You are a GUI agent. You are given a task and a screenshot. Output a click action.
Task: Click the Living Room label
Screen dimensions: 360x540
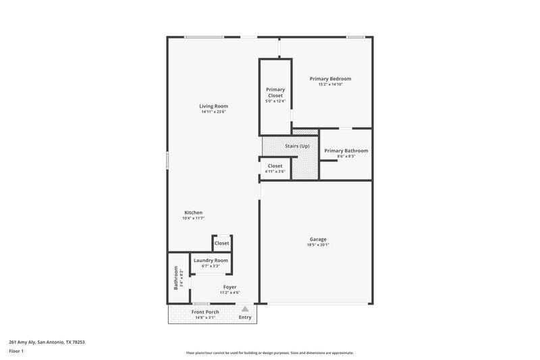[x=213, y=106]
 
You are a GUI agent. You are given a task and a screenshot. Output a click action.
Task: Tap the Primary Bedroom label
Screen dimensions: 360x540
[x=330, y=78]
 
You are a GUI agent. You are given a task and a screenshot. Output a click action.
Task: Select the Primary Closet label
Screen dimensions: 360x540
[x=275, y=93]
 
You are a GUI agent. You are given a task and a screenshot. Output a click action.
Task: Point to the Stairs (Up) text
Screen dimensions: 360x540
[x=297, y=145]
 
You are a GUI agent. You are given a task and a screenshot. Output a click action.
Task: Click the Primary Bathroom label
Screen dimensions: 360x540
[x=346, y=151]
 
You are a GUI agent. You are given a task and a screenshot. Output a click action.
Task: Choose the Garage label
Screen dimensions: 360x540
[x=318, y=239]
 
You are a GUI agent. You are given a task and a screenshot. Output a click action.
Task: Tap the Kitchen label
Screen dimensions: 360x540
[x=193, y=213]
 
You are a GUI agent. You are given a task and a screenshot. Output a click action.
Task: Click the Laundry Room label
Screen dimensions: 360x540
[x=211, y=260]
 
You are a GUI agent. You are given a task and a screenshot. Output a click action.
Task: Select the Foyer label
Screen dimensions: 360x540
[x=230, y=287]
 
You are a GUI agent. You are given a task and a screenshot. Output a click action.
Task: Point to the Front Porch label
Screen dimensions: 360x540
[x=205, y=312]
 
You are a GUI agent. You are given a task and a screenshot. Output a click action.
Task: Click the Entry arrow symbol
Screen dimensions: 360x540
[x=245, y=308]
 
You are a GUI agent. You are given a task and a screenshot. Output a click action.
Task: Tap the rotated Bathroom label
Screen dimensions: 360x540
[x=176, y=278]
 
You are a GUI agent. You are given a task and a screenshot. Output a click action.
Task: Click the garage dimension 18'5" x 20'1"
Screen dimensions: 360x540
[x=318, y=245]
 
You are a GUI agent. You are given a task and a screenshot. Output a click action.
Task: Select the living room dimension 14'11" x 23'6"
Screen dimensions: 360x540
[x=213, y=112]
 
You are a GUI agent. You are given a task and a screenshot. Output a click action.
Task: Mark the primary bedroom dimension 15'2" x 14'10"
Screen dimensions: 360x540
[x=330, y=84]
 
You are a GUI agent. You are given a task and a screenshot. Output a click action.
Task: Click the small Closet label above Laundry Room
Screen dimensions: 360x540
[x=221, y=243]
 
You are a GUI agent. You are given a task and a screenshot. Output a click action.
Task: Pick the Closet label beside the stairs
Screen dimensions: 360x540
[x=275, y=165]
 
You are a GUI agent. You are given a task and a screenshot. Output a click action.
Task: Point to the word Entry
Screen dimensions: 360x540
[x=245, y=317]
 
